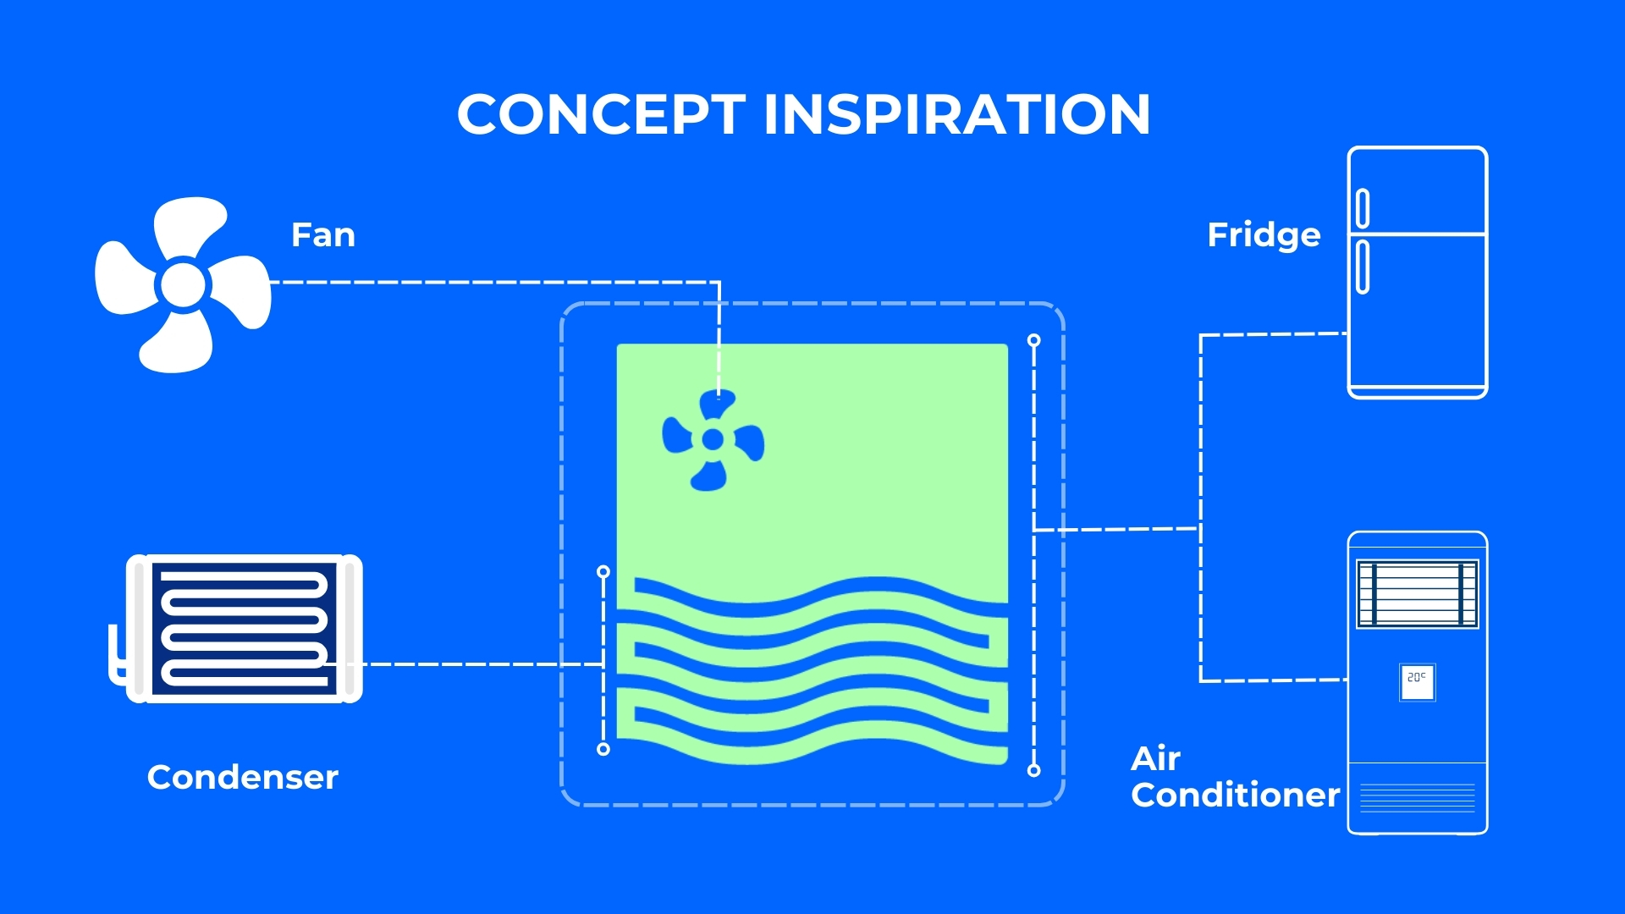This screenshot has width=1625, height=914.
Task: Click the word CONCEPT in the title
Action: pyautogui.click(x=601, y=114)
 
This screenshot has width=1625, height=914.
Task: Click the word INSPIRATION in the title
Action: pyautogui.click(x=956, y=114)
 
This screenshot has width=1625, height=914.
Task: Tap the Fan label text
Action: pyautogui.click(x=322, y=234)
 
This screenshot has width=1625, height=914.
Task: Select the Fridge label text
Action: pyautogui.click(x=1264, y=234)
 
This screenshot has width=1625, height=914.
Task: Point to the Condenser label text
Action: pyautogui.click(x=242, y=777)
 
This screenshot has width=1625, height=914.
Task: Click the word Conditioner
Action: pyautogui.click(x=1235, y=795)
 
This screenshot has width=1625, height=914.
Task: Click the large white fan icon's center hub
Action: pyautogui.click(x=183, y=284)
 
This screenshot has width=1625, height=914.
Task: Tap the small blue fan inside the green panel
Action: pyautogui.click(x=713, y=439)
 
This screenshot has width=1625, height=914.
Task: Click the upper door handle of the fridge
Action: pyautogui.click(x=1363, y=208)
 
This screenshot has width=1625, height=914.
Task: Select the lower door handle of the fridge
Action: pyautogui.click(x=1363, y=267)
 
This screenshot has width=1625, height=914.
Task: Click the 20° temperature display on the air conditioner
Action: pyautogui.click(x=1417, y=680)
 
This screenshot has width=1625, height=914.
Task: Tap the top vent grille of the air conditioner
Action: pyautogui.click(x=1417, y=593)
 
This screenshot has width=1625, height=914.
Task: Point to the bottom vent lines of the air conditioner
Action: pyautogui.click(x=1417, y=797)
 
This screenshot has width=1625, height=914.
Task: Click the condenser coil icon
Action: pyautogui.click(x=245, y=628)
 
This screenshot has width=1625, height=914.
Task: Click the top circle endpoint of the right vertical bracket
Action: pyautogui.click(x=1033, y=340)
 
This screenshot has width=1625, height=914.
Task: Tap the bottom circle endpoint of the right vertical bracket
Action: pyautogui.click(x=1033, y=770)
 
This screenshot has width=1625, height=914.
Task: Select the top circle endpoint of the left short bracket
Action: pyautogui.click(x=603, y=572)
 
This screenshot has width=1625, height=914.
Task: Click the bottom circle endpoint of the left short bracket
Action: pyautogui.click(x=603, y=749)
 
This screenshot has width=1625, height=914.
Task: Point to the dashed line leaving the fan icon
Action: pyautogui.click(x=491, y=282)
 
